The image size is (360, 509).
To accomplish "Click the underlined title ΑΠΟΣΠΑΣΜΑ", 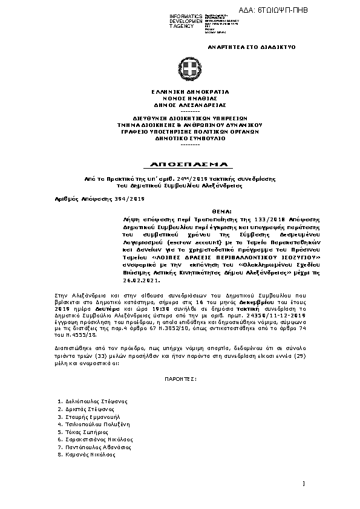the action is click(x=181, y=164).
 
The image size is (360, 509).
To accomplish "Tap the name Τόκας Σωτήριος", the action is click(x=82, y=433).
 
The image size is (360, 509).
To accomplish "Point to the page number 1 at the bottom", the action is click(x=303, y=482).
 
